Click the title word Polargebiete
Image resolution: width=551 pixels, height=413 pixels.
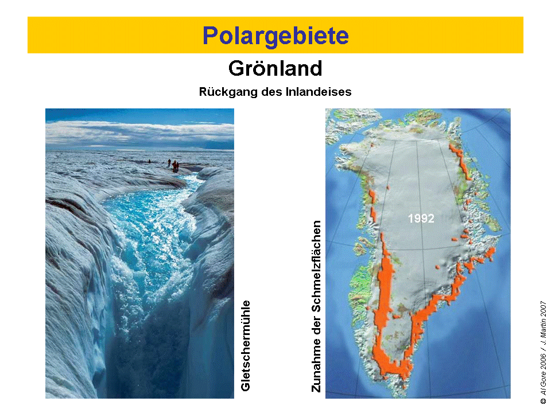275,36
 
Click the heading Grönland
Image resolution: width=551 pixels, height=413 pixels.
275,68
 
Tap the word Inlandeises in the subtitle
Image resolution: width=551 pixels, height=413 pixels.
319,92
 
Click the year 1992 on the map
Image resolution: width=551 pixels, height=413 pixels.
421,219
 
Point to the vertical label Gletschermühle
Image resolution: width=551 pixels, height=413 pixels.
246,345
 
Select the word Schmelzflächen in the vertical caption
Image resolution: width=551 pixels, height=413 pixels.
316,266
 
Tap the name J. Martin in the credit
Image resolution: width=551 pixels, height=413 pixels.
544,328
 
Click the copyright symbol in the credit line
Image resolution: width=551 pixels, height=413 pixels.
544,400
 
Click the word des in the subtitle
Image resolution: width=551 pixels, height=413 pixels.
271,92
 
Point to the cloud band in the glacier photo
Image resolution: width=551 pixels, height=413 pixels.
139,134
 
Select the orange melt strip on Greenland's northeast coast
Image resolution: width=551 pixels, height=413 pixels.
460,162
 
